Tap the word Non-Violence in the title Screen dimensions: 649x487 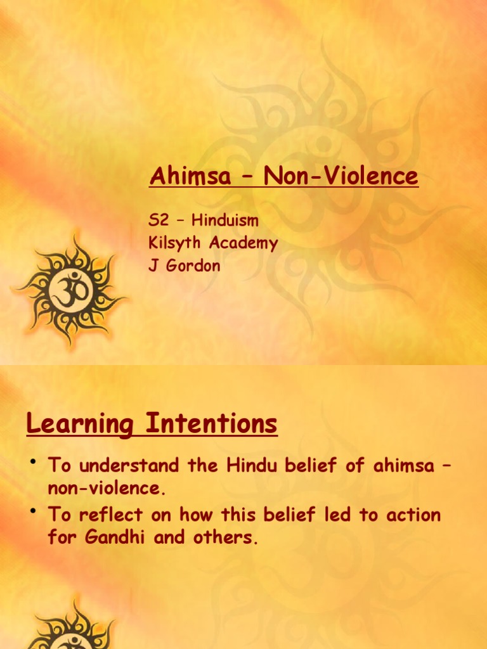(x=341, y=176)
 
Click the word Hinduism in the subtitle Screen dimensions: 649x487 (x=225, y=221)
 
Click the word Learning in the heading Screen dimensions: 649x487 (x=80, y=424)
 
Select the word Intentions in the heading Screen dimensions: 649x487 (x=211, y=423)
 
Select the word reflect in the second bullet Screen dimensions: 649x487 (x=112, y=515)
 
